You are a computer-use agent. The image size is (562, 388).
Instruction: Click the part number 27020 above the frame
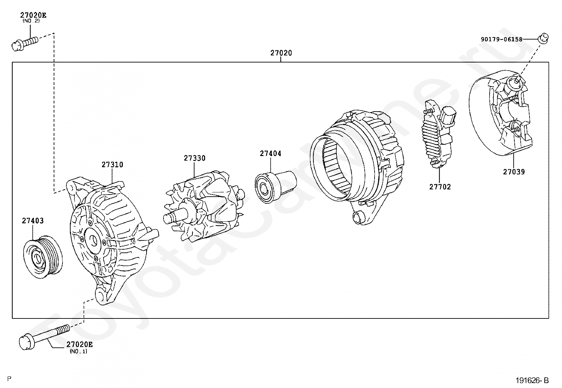pyautogui.click(x=281, y=53)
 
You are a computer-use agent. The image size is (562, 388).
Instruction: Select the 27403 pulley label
pyautogui.click(x=33, y=221)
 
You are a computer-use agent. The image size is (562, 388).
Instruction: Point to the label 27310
pyautogui.click(x=113, y=165)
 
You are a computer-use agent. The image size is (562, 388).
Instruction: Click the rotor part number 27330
pyautogui.click(x=194, y=158)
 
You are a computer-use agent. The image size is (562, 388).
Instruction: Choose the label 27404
pyautogui.click(x=270, y=154)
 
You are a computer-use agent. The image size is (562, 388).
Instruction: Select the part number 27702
pyautogui.click(x=440, y=187)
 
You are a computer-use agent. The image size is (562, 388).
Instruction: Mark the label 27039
pyautogui.click(x=514, y=172)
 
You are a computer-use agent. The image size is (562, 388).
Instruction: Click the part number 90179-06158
pyautogui.click(x=501, y=39)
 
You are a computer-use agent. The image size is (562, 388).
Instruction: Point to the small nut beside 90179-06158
pyautogui.click(x=544, y=37)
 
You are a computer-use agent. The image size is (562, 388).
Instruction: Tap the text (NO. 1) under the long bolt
pyautogui.click(x=78, y=351)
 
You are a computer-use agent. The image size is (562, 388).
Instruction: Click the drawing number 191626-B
pyautogui.click(x=532, y=380)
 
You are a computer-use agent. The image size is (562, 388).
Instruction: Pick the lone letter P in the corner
pyautogui.click(x=9, y=379)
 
